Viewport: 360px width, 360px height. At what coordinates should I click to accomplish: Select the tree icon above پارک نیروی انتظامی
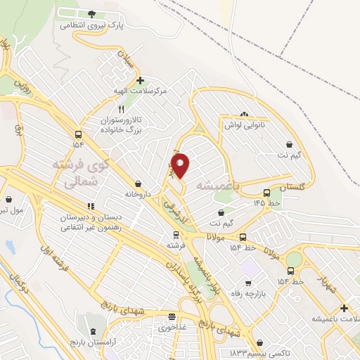pyautogui.click(x=91, y=13)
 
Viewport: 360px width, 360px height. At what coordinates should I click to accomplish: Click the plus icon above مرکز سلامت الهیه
pyautogui.click(x=141, y=80)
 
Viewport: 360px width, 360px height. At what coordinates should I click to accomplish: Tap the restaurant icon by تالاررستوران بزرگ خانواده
pyautogui.click(x=122, y=109)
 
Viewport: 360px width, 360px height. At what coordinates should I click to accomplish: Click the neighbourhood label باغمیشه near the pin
pyautogui.click(x=218, y=186)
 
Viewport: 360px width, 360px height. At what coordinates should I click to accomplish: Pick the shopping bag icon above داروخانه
pyautogui.click(x=147, y=184)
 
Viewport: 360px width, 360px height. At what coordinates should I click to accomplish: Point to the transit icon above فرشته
pyautogui.click(x=176, y=236)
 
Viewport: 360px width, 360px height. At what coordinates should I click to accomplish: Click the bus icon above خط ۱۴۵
pyautogui.click(x=266, y=193)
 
